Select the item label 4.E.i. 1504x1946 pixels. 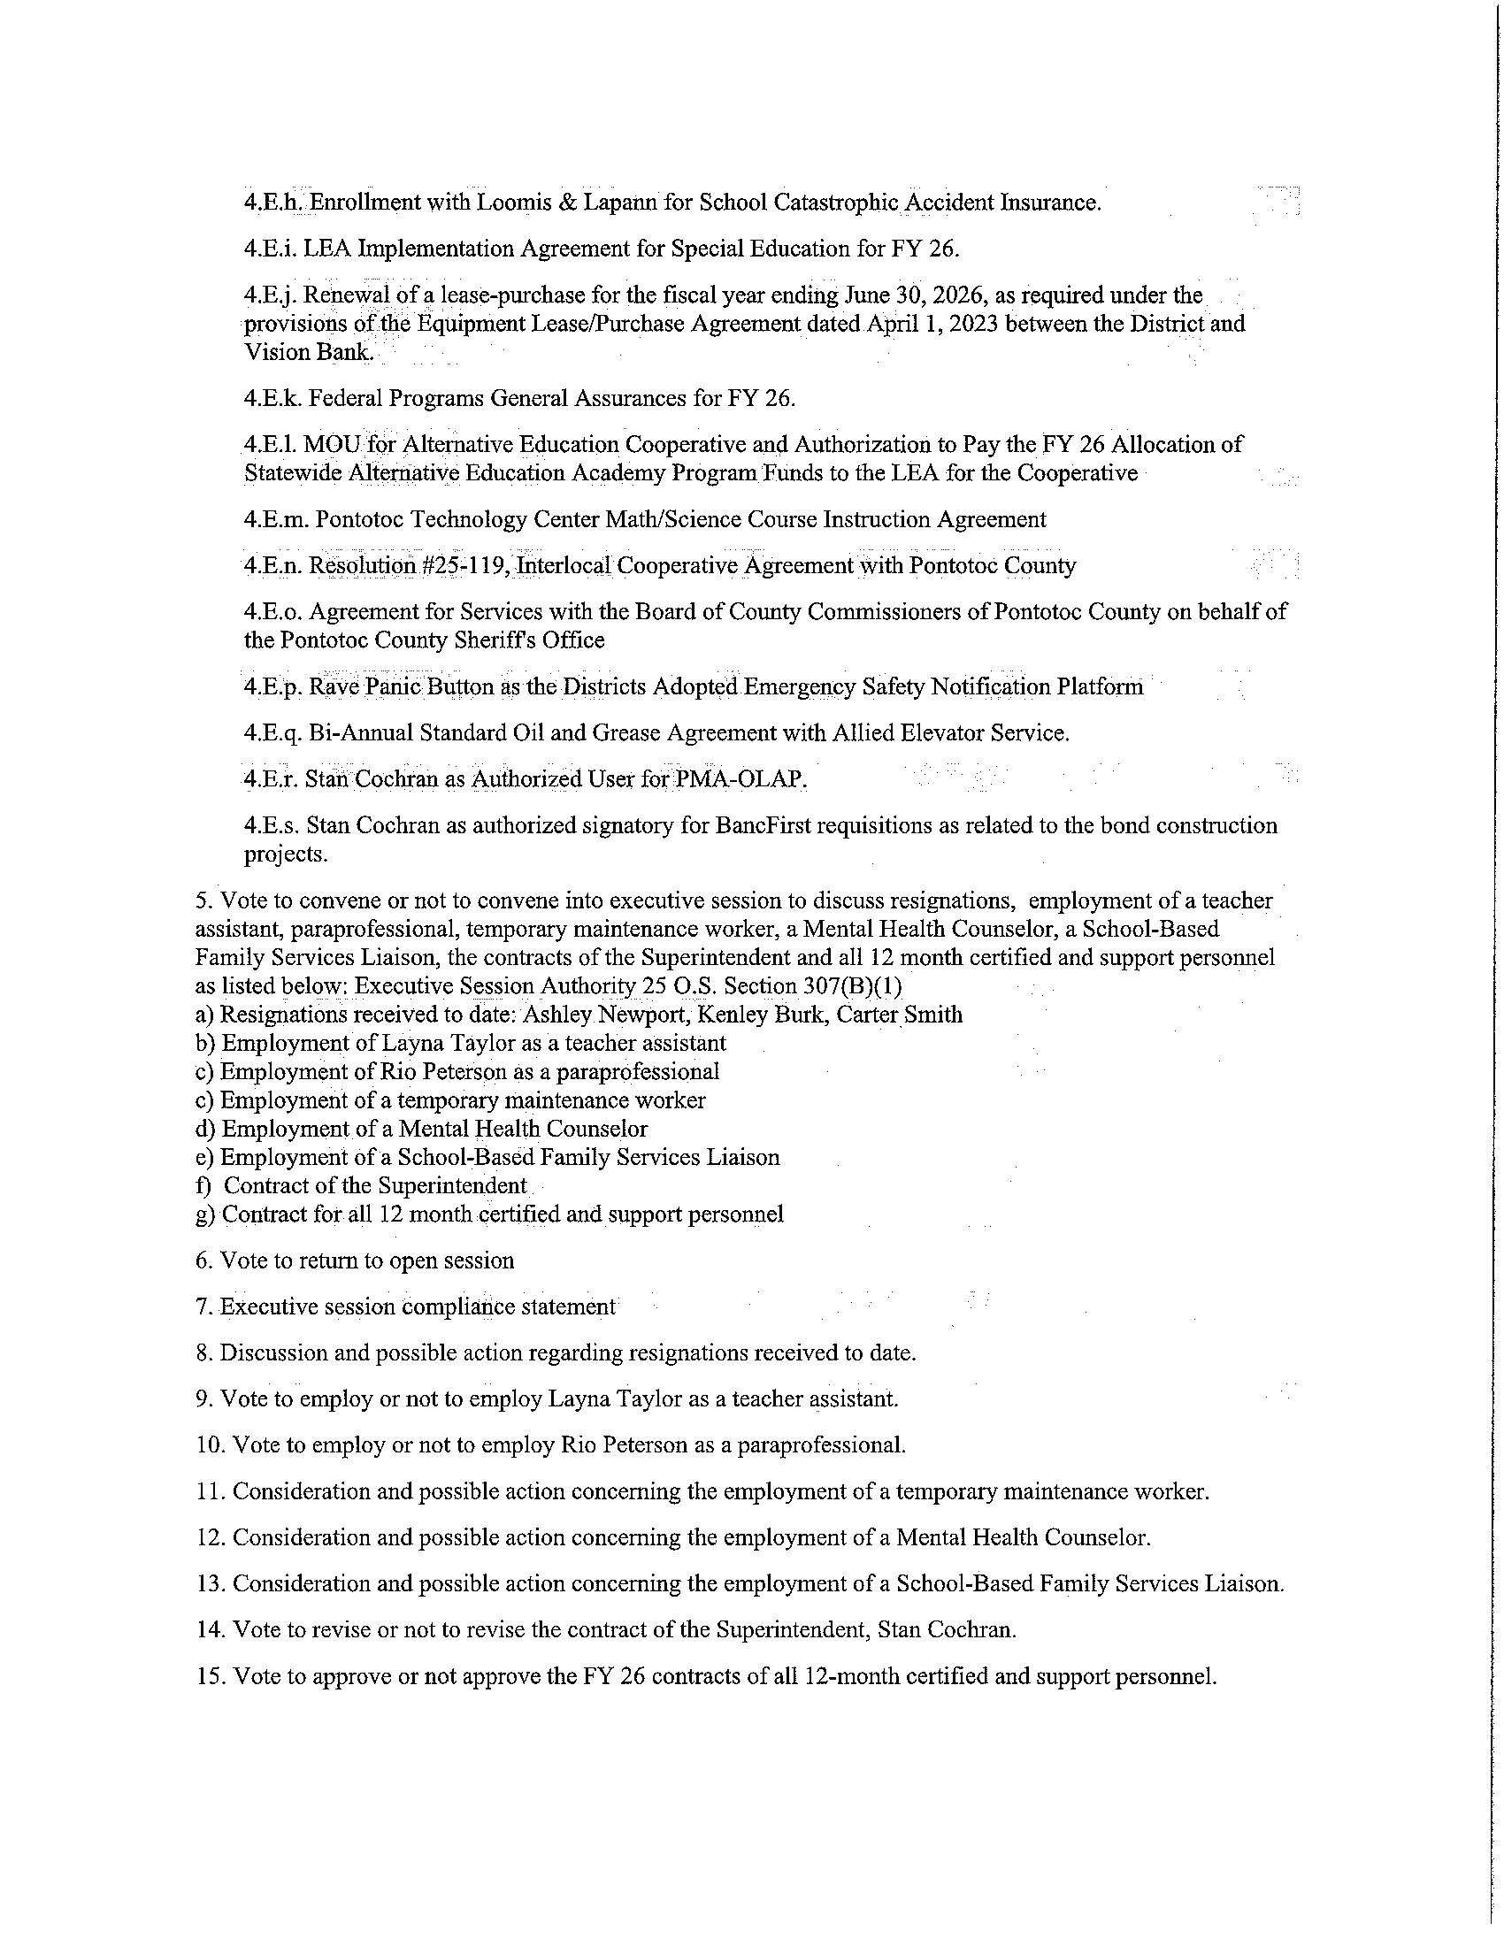[270, 249]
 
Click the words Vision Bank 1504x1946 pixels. [308, 352]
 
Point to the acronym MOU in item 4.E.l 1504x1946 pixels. [333, 444]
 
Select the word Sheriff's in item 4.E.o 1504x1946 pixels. [485, 640]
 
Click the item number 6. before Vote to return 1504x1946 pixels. [203, 1260]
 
